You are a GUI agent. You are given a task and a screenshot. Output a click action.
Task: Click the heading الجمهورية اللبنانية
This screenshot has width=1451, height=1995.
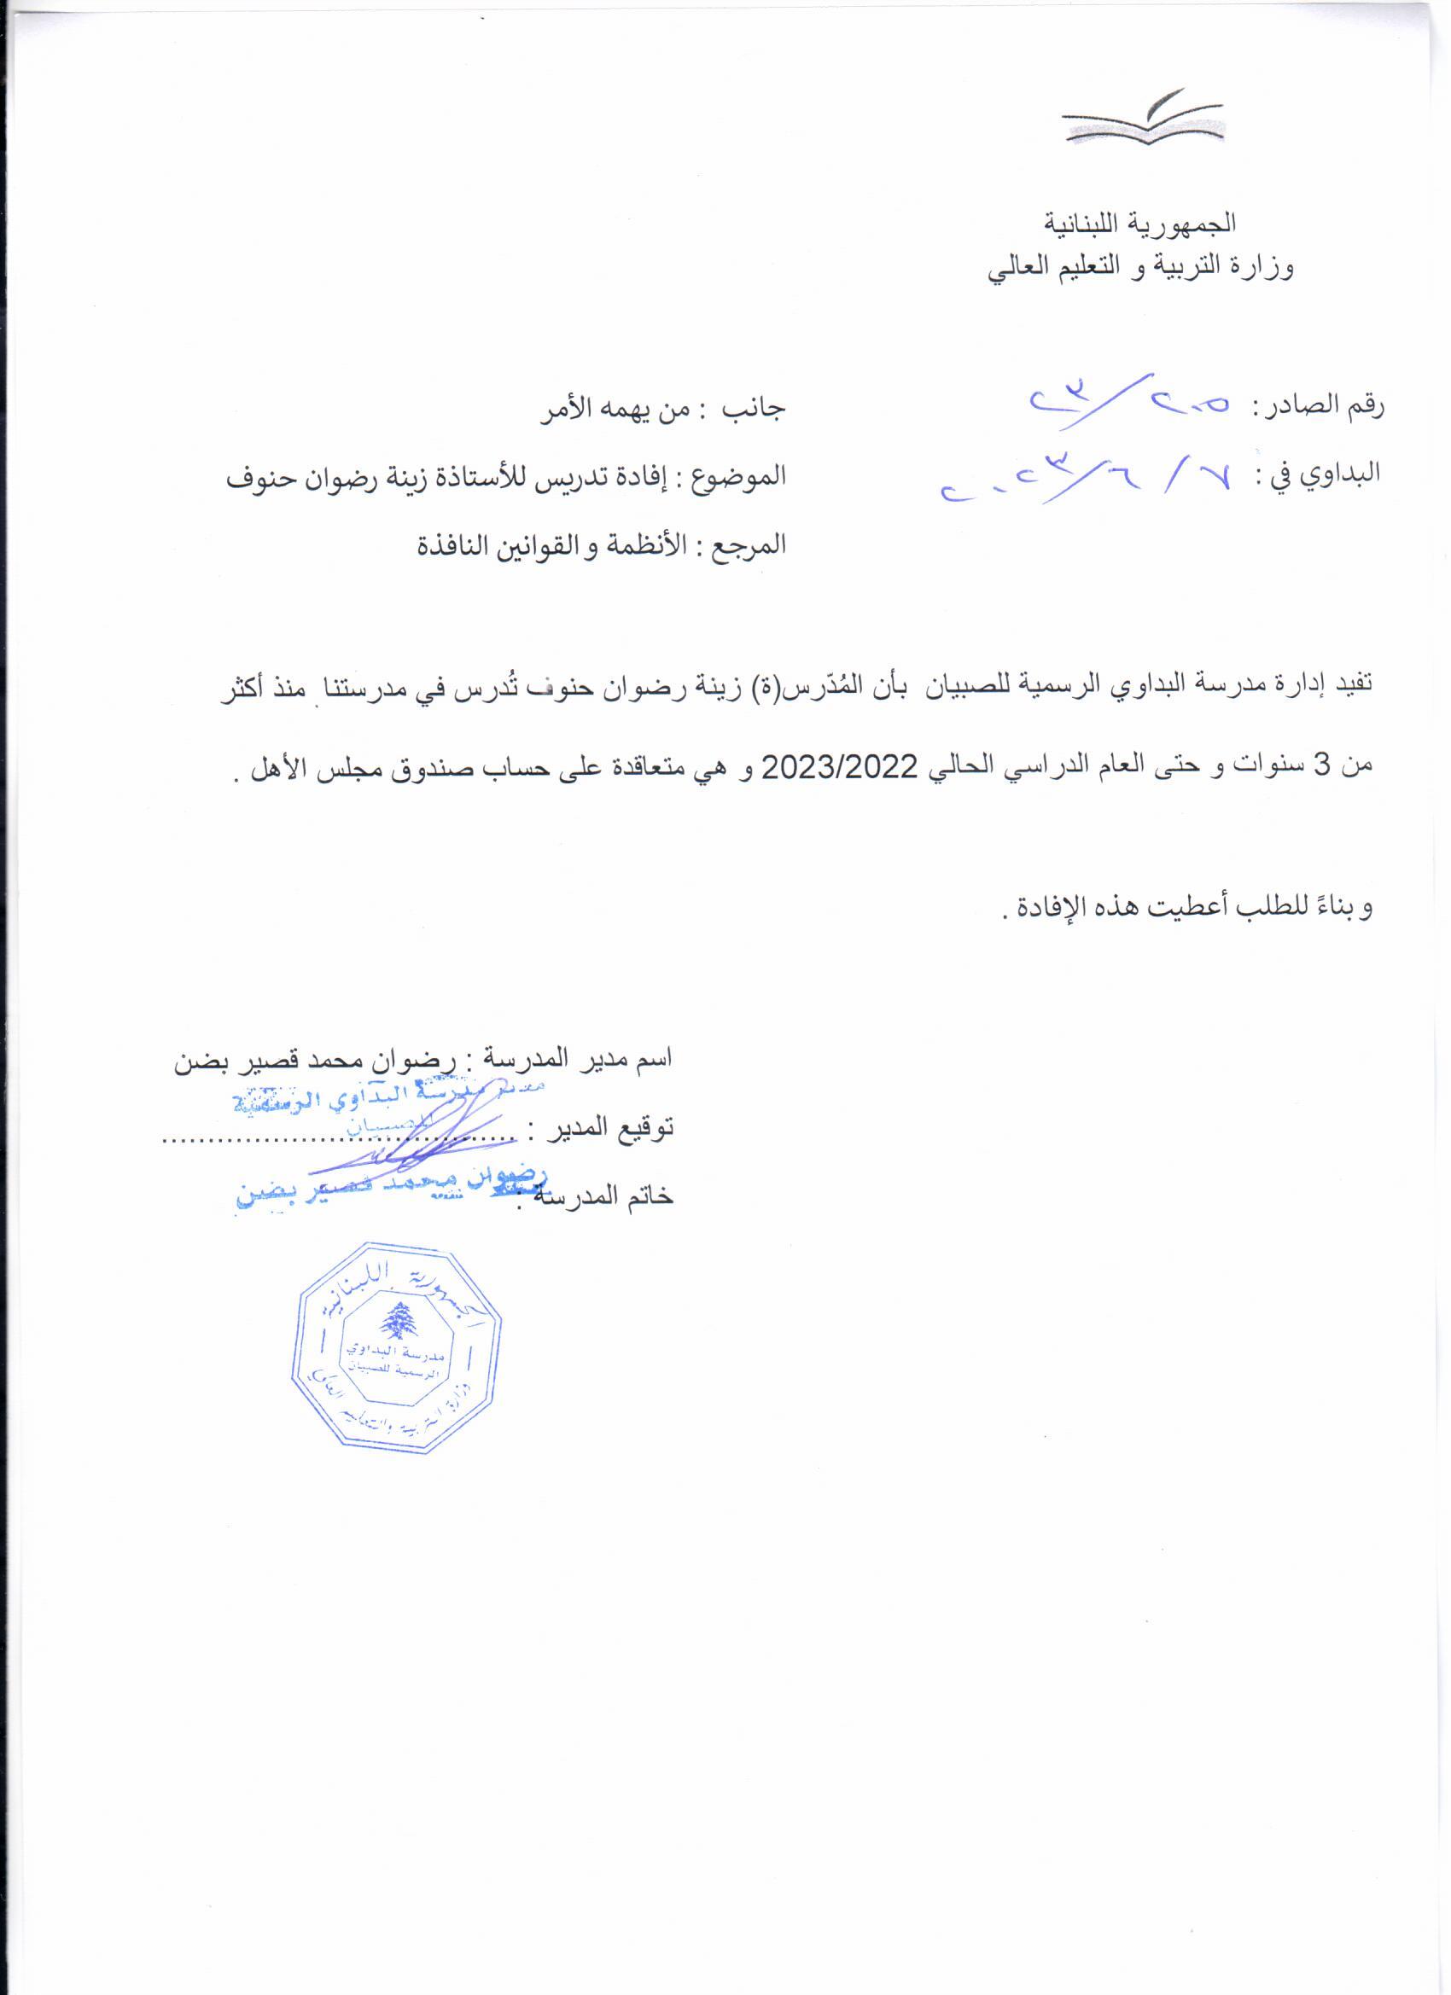[x=1139, y=224]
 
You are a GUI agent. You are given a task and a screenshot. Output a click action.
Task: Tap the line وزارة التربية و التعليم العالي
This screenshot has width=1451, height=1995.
[x=1140, y=267]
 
